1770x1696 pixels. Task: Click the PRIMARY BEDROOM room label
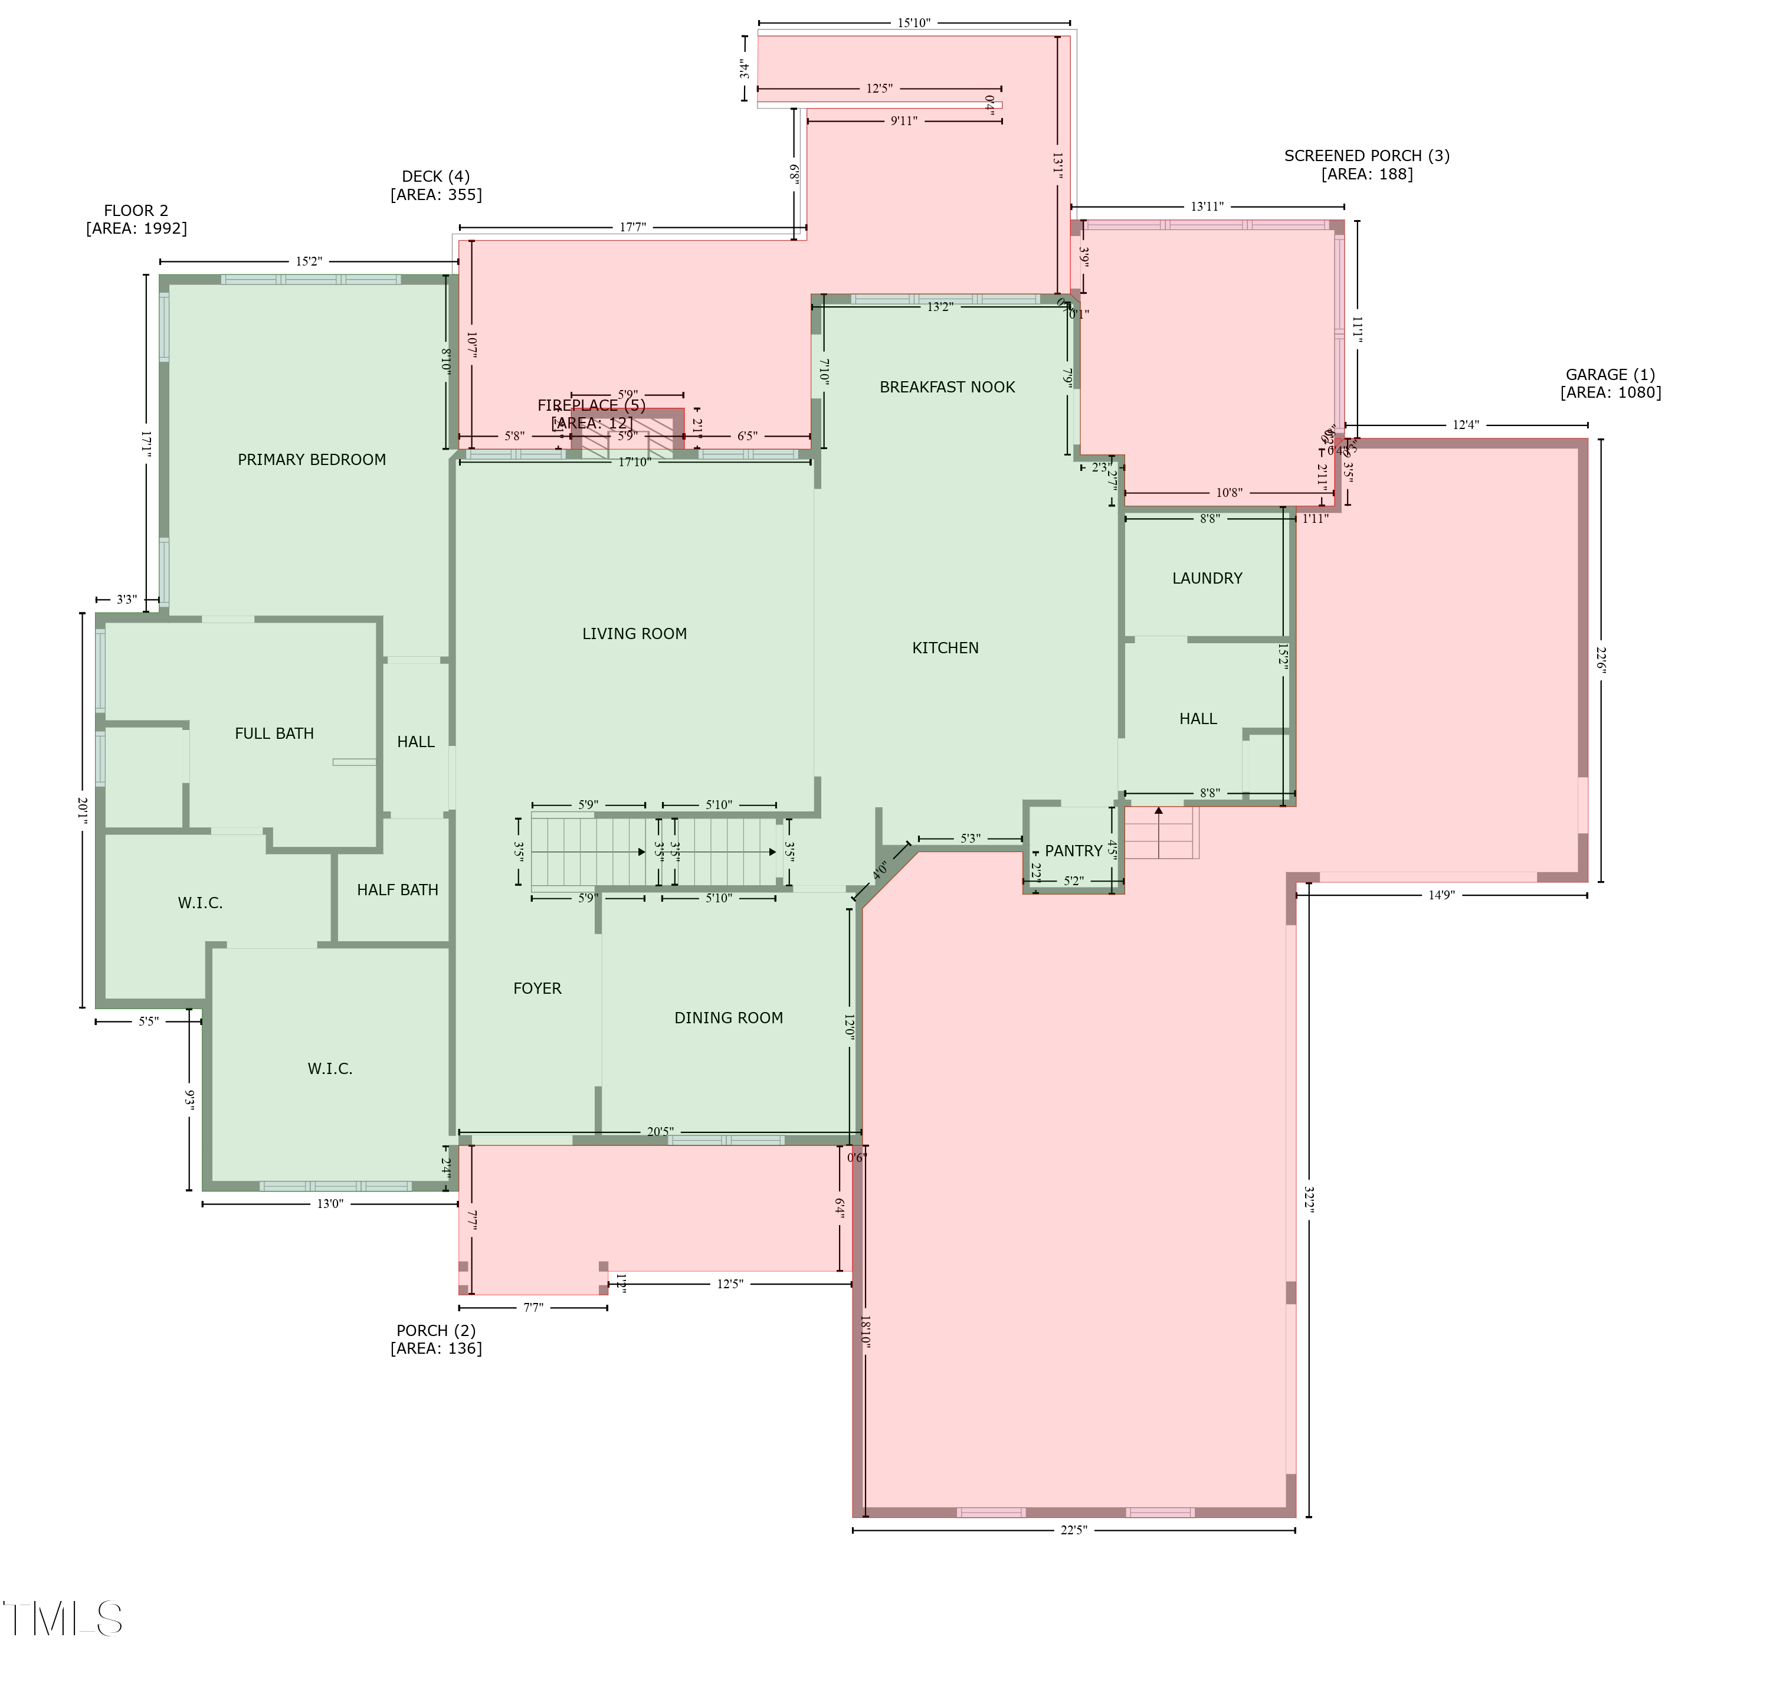point(312,460)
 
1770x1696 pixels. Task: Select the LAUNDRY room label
point(1207,578)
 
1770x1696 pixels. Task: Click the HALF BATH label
point(397,889)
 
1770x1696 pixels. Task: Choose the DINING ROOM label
point(728,1018)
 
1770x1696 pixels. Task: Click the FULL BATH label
point(274,734)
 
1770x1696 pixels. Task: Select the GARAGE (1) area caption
point(1610,383)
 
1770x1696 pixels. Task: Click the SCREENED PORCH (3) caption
point(1366,165)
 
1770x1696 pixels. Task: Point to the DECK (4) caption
point(435,185)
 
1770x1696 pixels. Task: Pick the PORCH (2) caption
point(435,1340)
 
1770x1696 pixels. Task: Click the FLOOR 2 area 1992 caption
point(136,220)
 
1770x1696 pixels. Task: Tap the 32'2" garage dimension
point(1309,1199)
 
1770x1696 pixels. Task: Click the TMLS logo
point(63,1619)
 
